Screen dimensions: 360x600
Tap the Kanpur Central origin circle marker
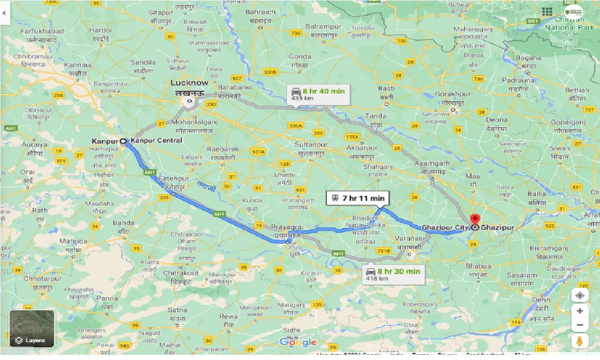[123, 141]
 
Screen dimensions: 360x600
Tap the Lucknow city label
[189, 83]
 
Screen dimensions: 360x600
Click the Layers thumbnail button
[32, 329]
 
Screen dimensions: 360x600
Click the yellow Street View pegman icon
[580, 341]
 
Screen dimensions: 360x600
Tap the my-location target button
[580, 296]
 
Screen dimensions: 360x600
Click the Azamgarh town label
[431, 164]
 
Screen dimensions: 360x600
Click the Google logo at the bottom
[298, 342]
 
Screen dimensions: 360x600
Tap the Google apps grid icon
[547, 12]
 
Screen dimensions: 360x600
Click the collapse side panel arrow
[4, 13]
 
